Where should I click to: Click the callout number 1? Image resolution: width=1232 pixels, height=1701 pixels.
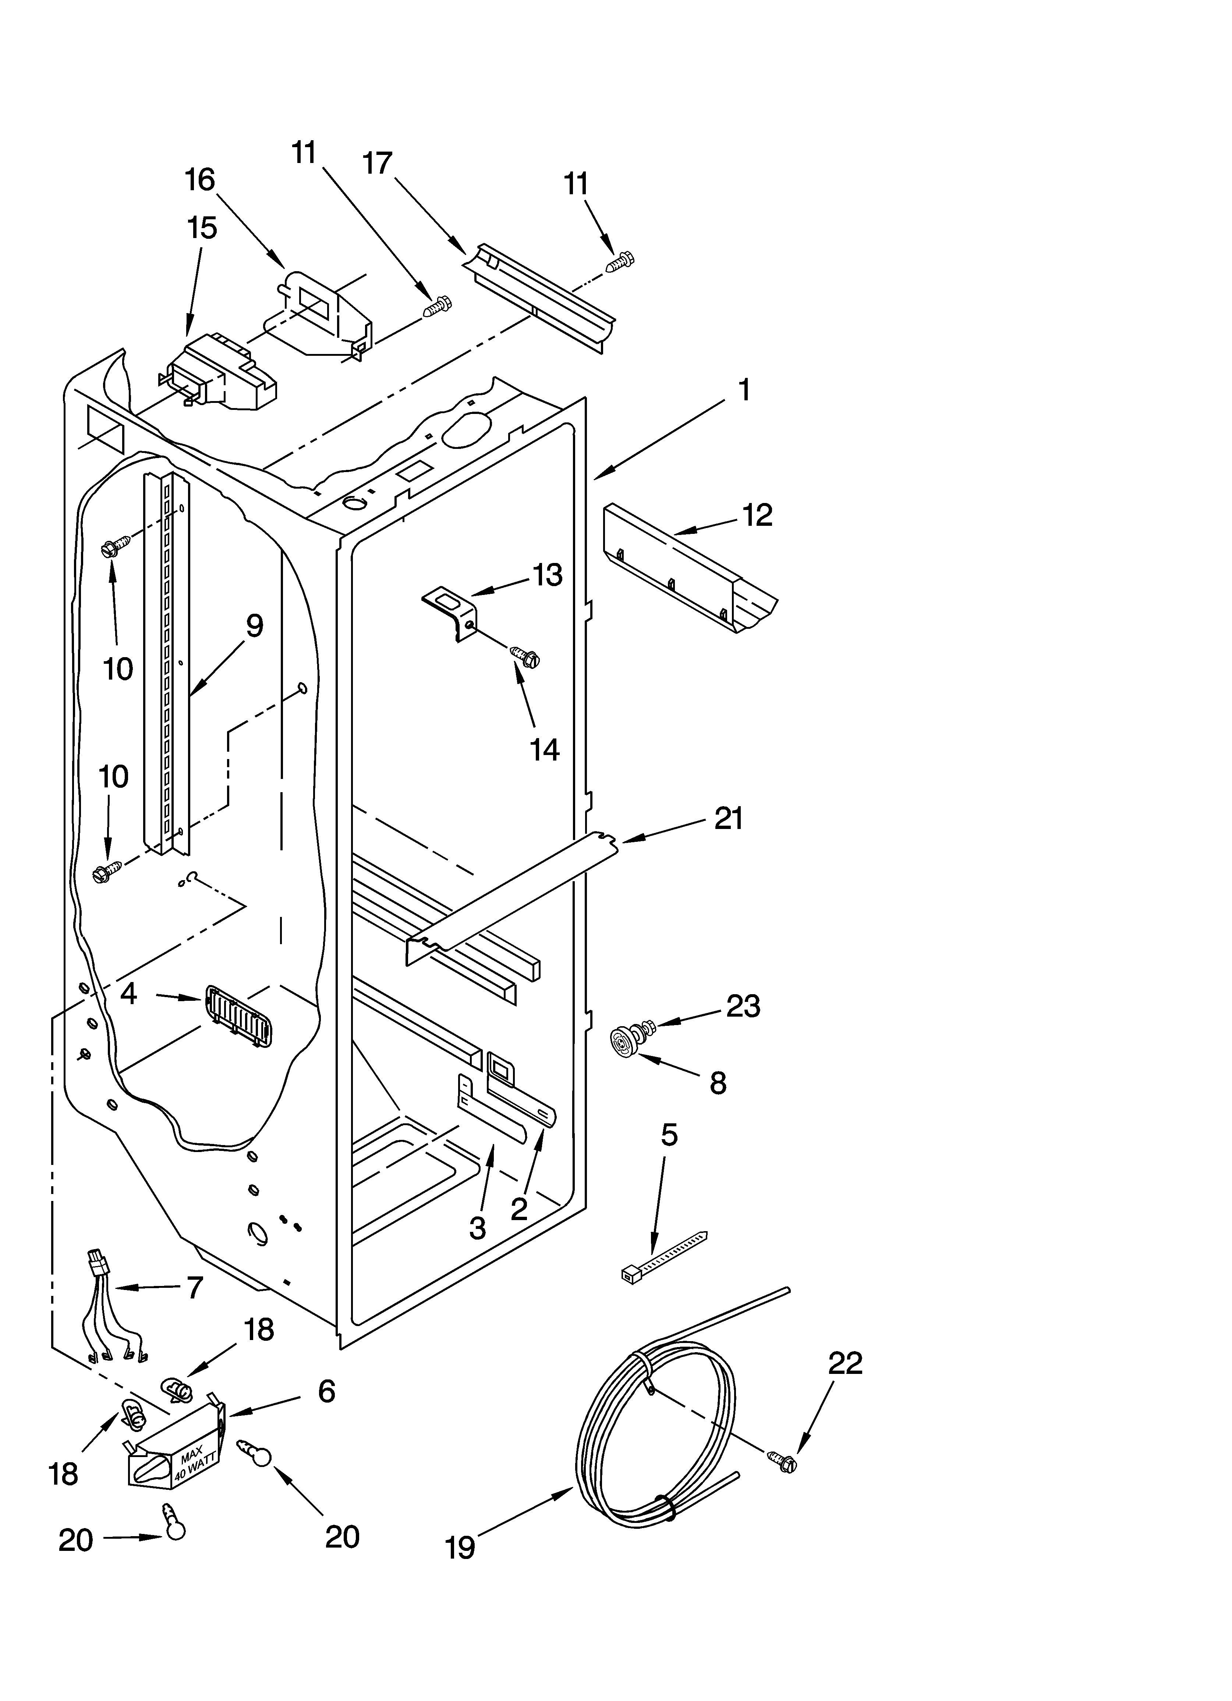tap(744, 390)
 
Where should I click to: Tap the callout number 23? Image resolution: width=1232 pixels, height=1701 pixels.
tap(743, 1006)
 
